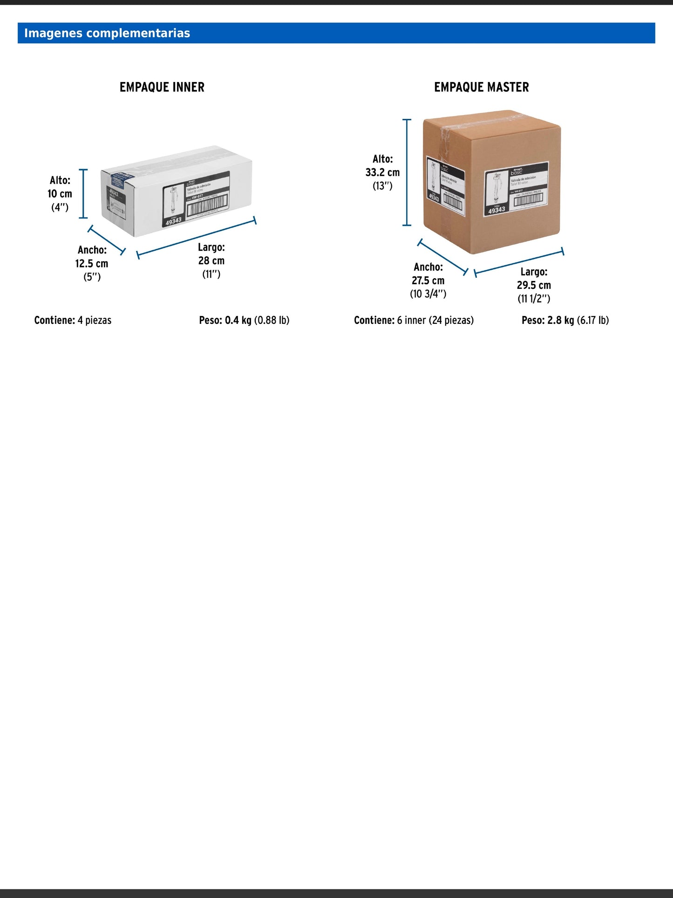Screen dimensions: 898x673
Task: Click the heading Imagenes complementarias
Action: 107,33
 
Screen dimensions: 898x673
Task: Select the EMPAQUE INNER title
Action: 162,87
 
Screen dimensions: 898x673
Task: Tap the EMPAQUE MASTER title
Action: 481,87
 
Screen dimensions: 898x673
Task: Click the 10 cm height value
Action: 60,194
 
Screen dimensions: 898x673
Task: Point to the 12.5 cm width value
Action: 92,263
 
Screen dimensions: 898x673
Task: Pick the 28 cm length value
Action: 211,260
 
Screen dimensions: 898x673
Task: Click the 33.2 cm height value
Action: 382,172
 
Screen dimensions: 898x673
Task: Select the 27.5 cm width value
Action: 428,281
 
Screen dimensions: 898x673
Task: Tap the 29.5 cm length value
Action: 534,285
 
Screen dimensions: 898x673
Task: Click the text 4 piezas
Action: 95,320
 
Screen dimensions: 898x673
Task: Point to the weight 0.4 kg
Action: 238,320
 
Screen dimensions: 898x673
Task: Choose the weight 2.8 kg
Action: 561,320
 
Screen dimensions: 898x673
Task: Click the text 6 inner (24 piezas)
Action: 435,320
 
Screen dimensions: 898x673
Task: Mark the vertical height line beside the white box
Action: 84,193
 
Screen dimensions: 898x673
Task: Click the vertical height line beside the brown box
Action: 407,172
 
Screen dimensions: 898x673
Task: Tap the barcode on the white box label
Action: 207,205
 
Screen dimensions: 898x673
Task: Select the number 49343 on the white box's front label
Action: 174,220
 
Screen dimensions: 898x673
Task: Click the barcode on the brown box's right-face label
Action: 528,200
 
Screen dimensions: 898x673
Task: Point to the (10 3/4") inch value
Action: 428,294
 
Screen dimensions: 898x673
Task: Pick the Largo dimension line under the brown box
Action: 519,262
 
